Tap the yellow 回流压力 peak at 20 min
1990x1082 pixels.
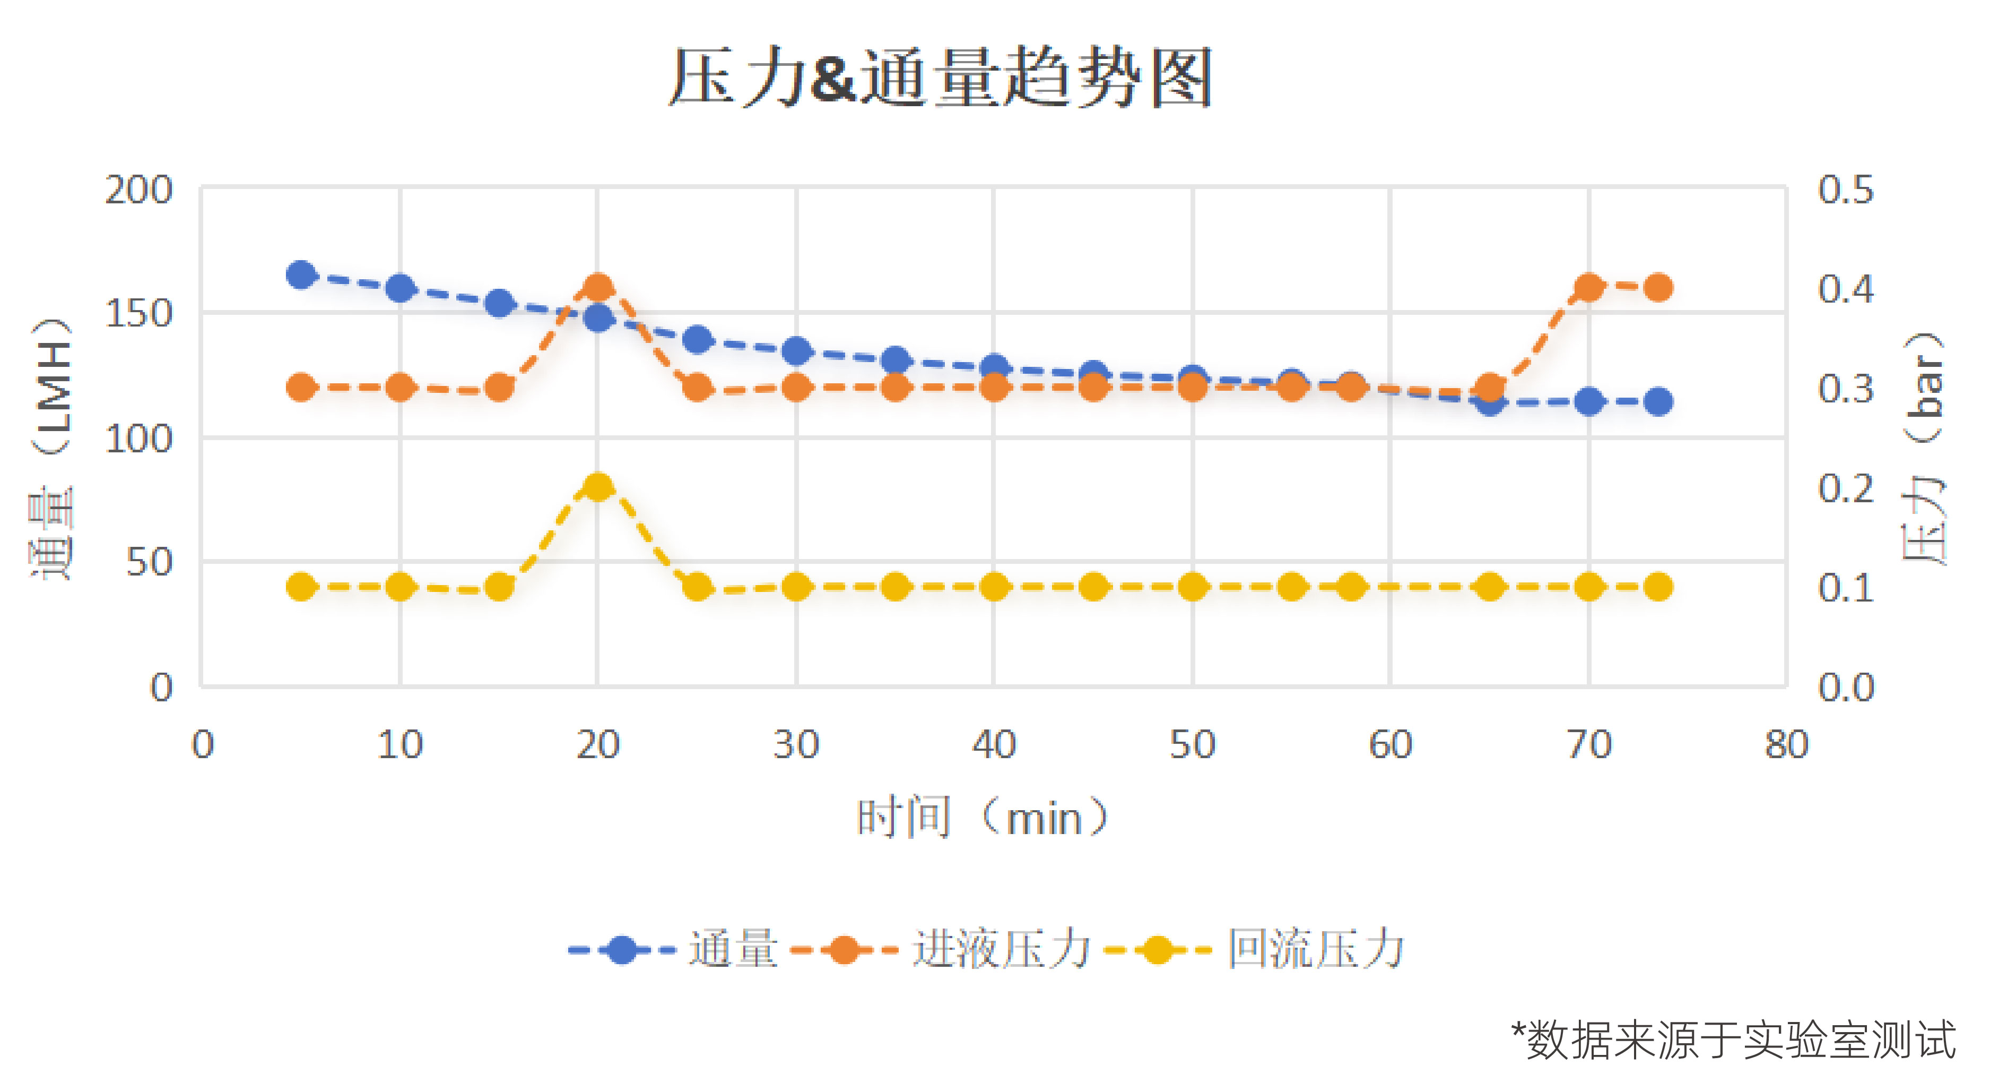coord(597,487)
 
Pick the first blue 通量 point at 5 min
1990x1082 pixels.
coord(300,274)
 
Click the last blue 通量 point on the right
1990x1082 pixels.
coord(1658,401)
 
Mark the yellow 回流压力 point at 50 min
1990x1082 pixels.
coord(1192,587)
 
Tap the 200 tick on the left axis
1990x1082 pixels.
coord(139,190)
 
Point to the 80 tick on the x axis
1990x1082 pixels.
coord(1787,744)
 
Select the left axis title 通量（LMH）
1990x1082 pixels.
coord(53,448)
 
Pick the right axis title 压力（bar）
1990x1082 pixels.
coord(1924,448)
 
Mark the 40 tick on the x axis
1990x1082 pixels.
coord(994,744)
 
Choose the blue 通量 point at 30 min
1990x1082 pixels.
coord(796,351)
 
